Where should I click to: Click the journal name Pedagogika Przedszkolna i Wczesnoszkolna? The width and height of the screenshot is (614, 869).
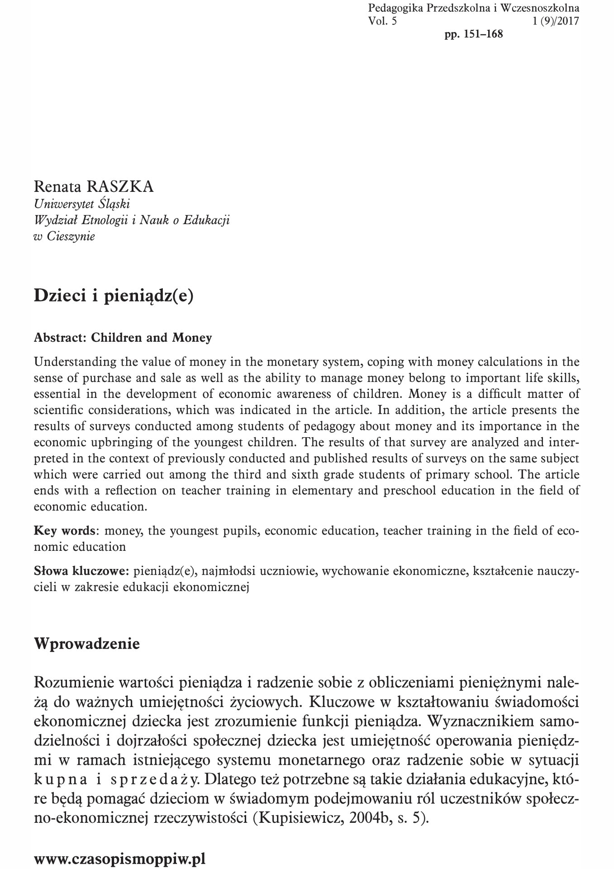tap(474, 8)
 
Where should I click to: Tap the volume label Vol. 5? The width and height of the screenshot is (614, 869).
tap(382, 21)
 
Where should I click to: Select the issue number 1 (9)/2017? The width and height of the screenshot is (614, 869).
tap(556, 21)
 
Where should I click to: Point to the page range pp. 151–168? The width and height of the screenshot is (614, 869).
tap(474, 34)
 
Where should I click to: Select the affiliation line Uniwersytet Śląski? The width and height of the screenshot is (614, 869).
tap(82, 204)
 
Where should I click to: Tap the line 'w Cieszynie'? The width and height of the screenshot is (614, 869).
tap(64, 236)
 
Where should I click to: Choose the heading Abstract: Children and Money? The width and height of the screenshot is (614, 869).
tap(123, 338)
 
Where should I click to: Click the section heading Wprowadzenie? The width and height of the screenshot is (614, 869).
tap(87, 644)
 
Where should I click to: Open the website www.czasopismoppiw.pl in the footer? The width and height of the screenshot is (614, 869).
tap(120, 859)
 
